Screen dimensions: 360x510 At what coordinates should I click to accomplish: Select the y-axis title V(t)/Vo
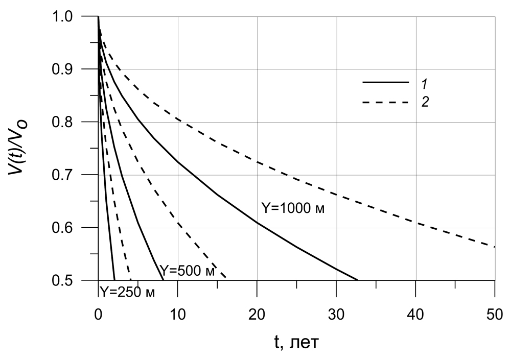point(18,148)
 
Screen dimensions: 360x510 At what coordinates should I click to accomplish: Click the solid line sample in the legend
point(386,82)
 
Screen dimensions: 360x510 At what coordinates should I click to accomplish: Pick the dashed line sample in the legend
point(386,103)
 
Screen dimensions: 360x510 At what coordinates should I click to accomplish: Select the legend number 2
point(424,103)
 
